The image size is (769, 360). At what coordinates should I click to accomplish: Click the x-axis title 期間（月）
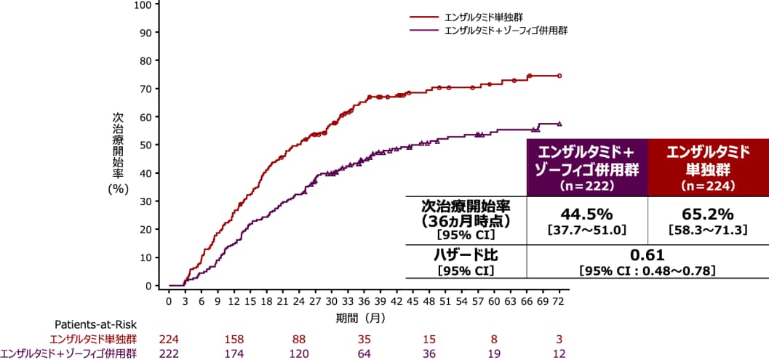[361, 318]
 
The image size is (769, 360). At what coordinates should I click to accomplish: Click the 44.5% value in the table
[586, 215]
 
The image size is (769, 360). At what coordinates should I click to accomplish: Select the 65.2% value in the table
[708, 215]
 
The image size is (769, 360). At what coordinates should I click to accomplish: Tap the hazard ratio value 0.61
[648, 255]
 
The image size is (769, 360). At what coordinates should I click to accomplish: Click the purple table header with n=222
[586, 167]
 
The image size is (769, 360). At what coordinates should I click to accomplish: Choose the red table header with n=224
[708, 167]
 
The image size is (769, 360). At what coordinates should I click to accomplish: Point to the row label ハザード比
[466, 255]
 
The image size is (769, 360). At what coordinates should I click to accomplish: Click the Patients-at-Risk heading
[95, 324]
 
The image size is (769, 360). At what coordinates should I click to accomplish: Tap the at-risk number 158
[234, 339]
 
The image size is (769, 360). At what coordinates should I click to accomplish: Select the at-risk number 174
[234, 353]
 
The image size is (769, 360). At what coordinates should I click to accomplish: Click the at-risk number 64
[364, 353]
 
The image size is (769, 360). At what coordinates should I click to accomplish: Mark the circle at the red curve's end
[559, 76]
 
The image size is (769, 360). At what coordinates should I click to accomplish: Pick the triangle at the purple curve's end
[559, 124]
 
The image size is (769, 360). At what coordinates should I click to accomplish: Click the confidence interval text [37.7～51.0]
[586, 230]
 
